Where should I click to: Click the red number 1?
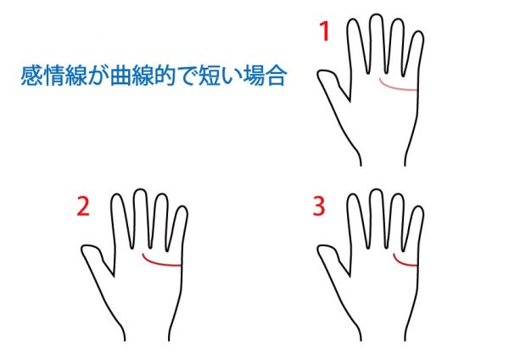(325, 31)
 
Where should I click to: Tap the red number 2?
(83, 206)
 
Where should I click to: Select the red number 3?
(319, 206)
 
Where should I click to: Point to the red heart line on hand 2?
(159, 262)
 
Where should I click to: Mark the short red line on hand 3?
(403, 262)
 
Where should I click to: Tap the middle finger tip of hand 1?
(376, 14)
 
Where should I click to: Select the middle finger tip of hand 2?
(140, 189)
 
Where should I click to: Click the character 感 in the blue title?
(32, 76)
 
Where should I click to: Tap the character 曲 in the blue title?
(120, 76)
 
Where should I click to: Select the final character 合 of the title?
(276, 76)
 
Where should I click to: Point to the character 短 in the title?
(209, 76)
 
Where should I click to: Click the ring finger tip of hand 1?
(398, 20)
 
